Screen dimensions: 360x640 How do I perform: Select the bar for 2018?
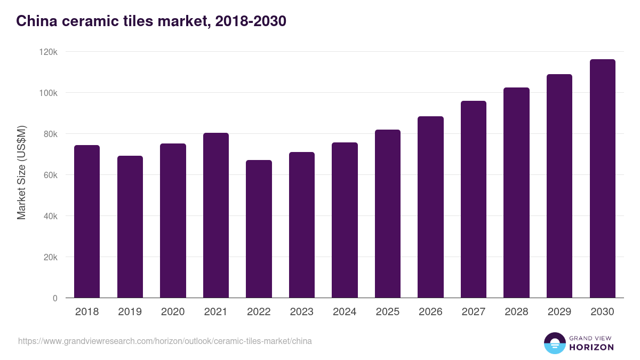click(x=87, y=221)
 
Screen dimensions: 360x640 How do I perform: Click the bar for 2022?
click(x=259, y=229)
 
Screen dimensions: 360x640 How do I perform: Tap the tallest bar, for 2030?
click(x=602, y=179)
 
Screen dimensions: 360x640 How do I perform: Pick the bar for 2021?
click(x=215, y=215)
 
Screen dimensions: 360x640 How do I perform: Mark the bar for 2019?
click(x=130, y=227)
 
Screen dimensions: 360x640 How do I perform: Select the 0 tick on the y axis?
click(x=54, y=298)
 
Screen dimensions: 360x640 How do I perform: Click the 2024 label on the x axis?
click(x=345, y=312)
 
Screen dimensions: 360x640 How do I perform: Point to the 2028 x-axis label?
click(x=516, y=312)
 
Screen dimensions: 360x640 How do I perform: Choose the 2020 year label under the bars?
click(x=173, y=312)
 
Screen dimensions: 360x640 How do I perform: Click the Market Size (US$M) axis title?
click(x=21, y=173)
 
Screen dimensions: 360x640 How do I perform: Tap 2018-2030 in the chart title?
click(x=251, y=21)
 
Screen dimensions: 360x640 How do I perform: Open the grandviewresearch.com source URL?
click(x=165, y=341)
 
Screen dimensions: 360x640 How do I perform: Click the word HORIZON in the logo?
click(x=591, y=347)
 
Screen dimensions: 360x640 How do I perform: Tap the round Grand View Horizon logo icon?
click(x=555, y=343)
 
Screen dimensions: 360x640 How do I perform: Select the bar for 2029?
click(x=559, y=186)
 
